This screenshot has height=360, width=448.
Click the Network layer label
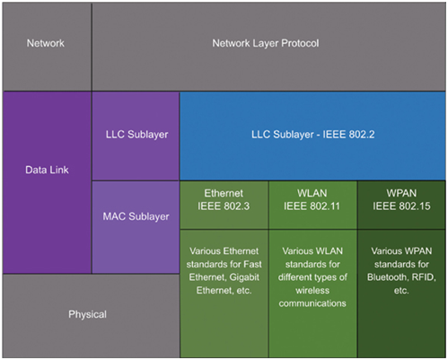(46, 43)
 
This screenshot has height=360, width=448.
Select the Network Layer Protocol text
(266, 43)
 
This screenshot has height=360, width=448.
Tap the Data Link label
(47, 170)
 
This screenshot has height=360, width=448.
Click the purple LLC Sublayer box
(136, 136)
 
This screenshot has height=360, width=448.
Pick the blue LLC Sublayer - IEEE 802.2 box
(312, 136)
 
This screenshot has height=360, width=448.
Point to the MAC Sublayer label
(136, 216)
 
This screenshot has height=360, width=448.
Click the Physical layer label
(87, 314)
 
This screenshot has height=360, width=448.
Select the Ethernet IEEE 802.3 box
(224, 206)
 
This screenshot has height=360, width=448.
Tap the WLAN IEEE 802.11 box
(312, 206)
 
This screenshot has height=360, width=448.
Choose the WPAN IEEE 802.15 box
(401, 206)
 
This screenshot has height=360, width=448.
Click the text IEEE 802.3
(224, 206)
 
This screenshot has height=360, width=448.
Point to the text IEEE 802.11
(312, 206)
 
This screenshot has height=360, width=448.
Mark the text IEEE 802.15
(401, 206)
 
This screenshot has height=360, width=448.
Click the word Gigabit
(244, 277)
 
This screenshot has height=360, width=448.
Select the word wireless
(312, 291)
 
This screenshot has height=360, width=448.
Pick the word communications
(312, 303)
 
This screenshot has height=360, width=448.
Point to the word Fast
(252, 264)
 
